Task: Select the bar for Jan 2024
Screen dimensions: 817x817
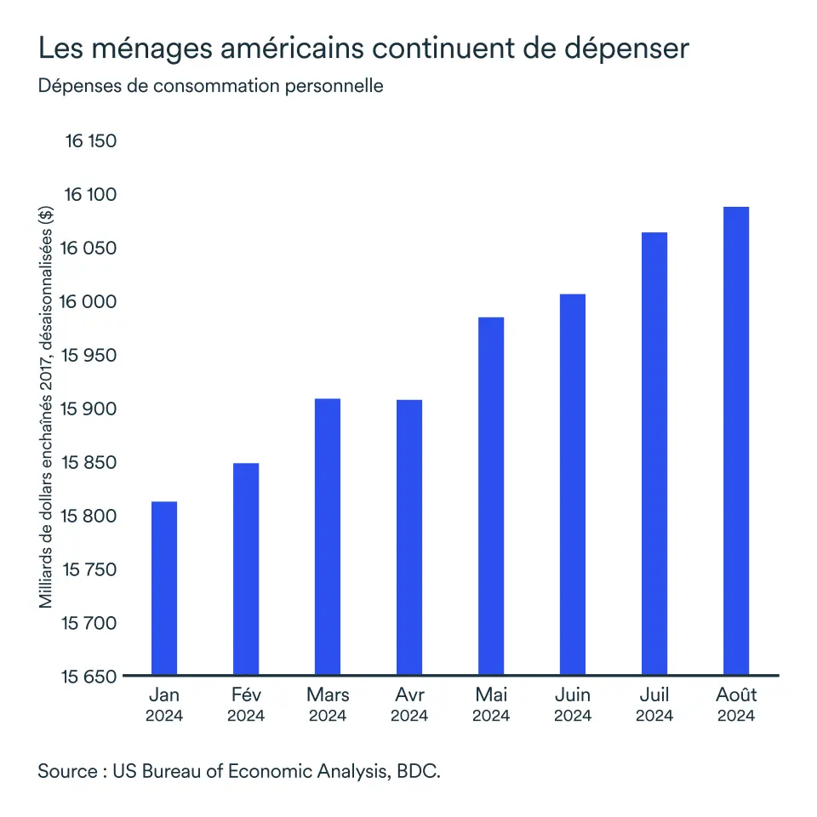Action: [163, 589]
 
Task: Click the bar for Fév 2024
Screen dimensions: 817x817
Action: [246, 569]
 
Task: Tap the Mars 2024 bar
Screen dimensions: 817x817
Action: [328, 537]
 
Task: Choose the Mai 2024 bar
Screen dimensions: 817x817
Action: [491, 496]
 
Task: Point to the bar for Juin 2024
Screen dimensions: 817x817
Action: [573, 485]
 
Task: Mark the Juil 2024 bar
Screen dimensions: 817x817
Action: [654, 454]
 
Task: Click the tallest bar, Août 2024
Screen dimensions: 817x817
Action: [736, 442]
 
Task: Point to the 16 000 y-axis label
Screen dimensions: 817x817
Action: [89, 302]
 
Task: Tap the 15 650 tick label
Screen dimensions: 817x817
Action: [89, 677]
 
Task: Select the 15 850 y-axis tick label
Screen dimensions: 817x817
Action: [89, 463]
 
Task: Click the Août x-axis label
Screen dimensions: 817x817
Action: [736, 695]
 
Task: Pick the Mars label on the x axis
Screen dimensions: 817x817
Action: [328, 695]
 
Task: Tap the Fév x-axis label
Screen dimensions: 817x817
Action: [246, 695]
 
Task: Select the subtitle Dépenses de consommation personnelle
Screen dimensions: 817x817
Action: [210, 86]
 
